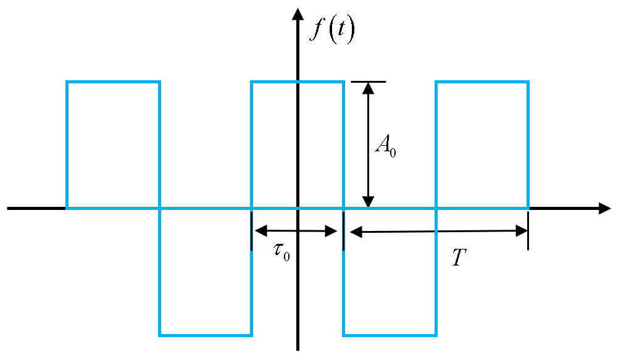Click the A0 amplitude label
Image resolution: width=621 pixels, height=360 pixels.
point(385,146)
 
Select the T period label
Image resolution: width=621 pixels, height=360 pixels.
point(458,257)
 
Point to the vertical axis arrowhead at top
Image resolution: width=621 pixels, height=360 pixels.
point(298,14)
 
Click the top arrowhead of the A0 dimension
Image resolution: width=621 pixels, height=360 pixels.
point(369,88)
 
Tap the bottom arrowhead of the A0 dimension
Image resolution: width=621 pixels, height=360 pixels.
point(369,202)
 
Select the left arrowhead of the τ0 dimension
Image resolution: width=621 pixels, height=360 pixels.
point(260,231)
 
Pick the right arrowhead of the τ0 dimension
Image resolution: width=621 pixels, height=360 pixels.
point(331,232)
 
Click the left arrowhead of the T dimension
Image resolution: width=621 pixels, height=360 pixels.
point(356,232)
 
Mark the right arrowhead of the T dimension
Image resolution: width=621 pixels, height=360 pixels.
point(522,231)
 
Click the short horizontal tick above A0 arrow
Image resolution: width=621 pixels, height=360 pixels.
point(369,82)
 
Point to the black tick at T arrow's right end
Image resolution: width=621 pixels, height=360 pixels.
point(528,231)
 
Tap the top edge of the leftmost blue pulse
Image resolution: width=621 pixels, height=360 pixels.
point(113,82)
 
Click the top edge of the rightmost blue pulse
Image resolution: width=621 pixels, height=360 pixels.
point(482,82)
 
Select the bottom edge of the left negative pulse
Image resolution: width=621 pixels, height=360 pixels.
point(206,335)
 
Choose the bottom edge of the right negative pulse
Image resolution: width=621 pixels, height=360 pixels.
point(390,335)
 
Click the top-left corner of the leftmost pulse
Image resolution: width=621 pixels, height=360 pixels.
point(67,82)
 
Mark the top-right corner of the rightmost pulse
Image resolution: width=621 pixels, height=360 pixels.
point(528,82)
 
